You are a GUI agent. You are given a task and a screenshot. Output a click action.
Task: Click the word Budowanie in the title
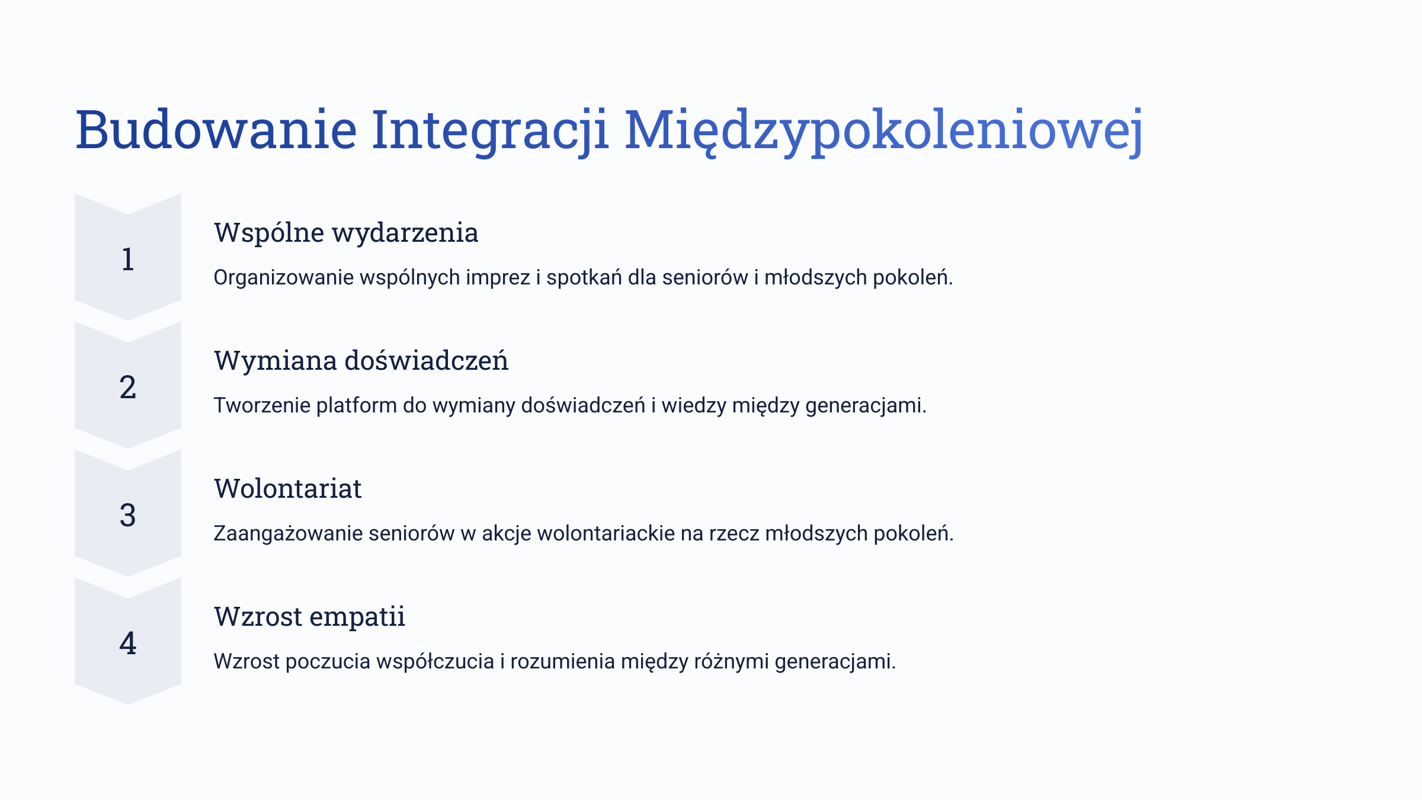coord(216,129)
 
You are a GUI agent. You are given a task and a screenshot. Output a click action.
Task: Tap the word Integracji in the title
coord(490,132)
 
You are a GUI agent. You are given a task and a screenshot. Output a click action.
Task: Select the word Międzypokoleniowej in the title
coord(883,132)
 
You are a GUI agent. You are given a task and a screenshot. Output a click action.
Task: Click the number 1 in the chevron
coord(128,260)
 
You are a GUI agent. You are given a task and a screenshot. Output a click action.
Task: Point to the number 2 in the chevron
coord(128,388)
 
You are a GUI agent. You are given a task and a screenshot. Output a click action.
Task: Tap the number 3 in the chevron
coord(128,516)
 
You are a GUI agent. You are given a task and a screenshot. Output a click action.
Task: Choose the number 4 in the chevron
coord(128,644)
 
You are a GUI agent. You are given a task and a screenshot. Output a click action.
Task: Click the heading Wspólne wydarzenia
coord(346,233)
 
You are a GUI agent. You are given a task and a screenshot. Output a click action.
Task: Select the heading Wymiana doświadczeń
coord(361,361)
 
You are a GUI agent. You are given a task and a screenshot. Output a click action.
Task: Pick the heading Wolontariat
coord(287,488)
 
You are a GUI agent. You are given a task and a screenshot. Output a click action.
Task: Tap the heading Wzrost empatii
coord(309,617)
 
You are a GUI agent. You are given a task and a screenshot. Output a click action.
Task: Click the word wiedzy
coord(693,406)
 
